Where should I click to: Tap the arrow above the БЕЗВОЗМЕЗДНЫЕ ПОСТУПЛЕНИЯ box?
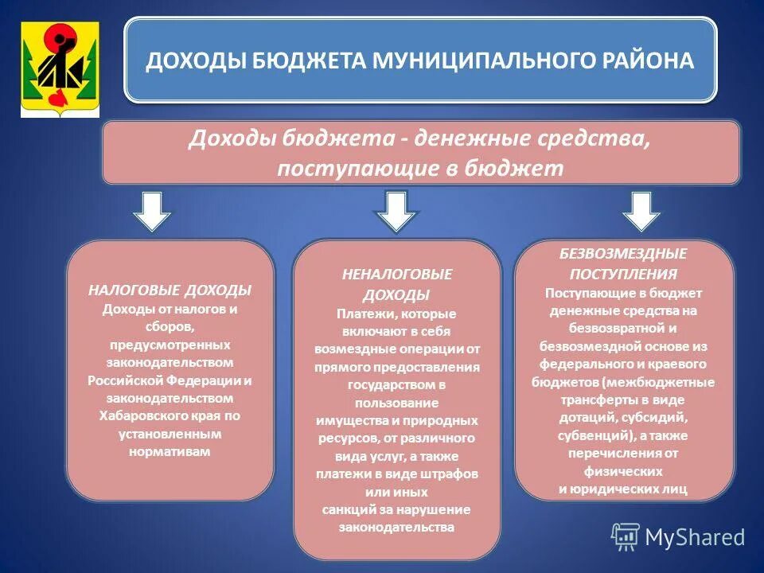(x=641, y=210)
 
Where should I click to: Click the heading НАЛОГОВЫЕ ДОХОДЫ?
(x=170, y=290)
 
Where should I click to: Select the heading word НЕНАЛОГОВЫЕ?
(x=396, y=274)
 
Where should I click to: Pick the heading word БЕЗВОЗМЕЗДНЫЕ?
(x=623, y=254)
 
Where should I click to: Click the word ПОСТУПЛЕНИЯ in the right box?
(x=623, y=274)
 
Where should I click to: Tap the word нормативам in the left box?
(x=170, y=451)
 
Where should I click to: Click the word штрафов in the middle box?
(x=449, y=474)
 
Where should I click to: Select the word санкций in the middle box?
(x=347, y=509)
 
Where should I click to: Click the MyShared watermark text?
(x=695, y=537)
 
